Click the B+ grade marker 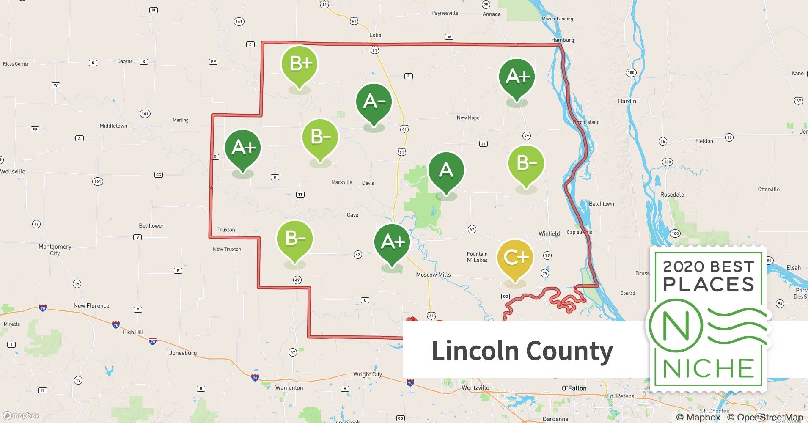(x=300, y=64)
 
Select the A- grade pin (x=374, y=102)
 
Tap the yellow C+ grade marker (x=515, y=258)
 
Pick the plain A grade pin (x=446, y=170)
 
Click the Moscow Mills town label (x=433, y=275)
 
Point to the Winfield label (x=549, y=233)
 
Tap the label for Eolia (x=375, y=35)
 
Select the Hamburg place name (x=563, y=40)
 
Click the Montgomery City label (x=55, y=250)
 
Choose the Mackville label (x=341, y=182)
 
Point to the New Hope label (x=468, y=118)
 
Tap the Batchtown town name (x=601, y=204)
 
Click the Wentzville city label (x=475, y=387)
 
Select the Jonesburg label (x=183, y=353)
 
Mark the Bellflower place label (x=151, y=226)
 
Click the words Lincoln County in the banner (x=522, y=351)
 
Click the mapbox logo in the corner (x=21, y=415)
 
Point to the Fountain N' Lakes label (x=477, y=257)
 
